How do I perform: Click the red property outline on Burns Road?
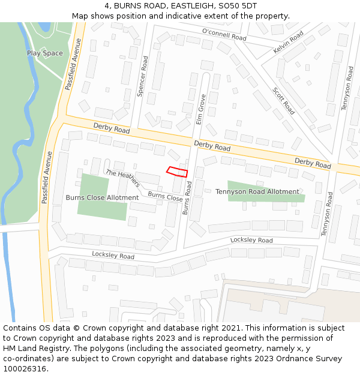point(177,172)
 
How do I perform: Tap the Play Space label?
point(44,53)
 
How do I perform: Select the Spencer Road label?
point(143,76)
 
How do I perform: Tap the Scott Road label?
point(284,100)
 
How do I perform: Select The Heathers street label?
point(122,178)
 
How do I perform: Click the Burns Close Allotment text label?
point(102,197)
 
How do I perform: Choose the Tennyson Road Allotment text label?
point(257,191)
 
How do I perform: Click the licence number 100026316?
point(25,368)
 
